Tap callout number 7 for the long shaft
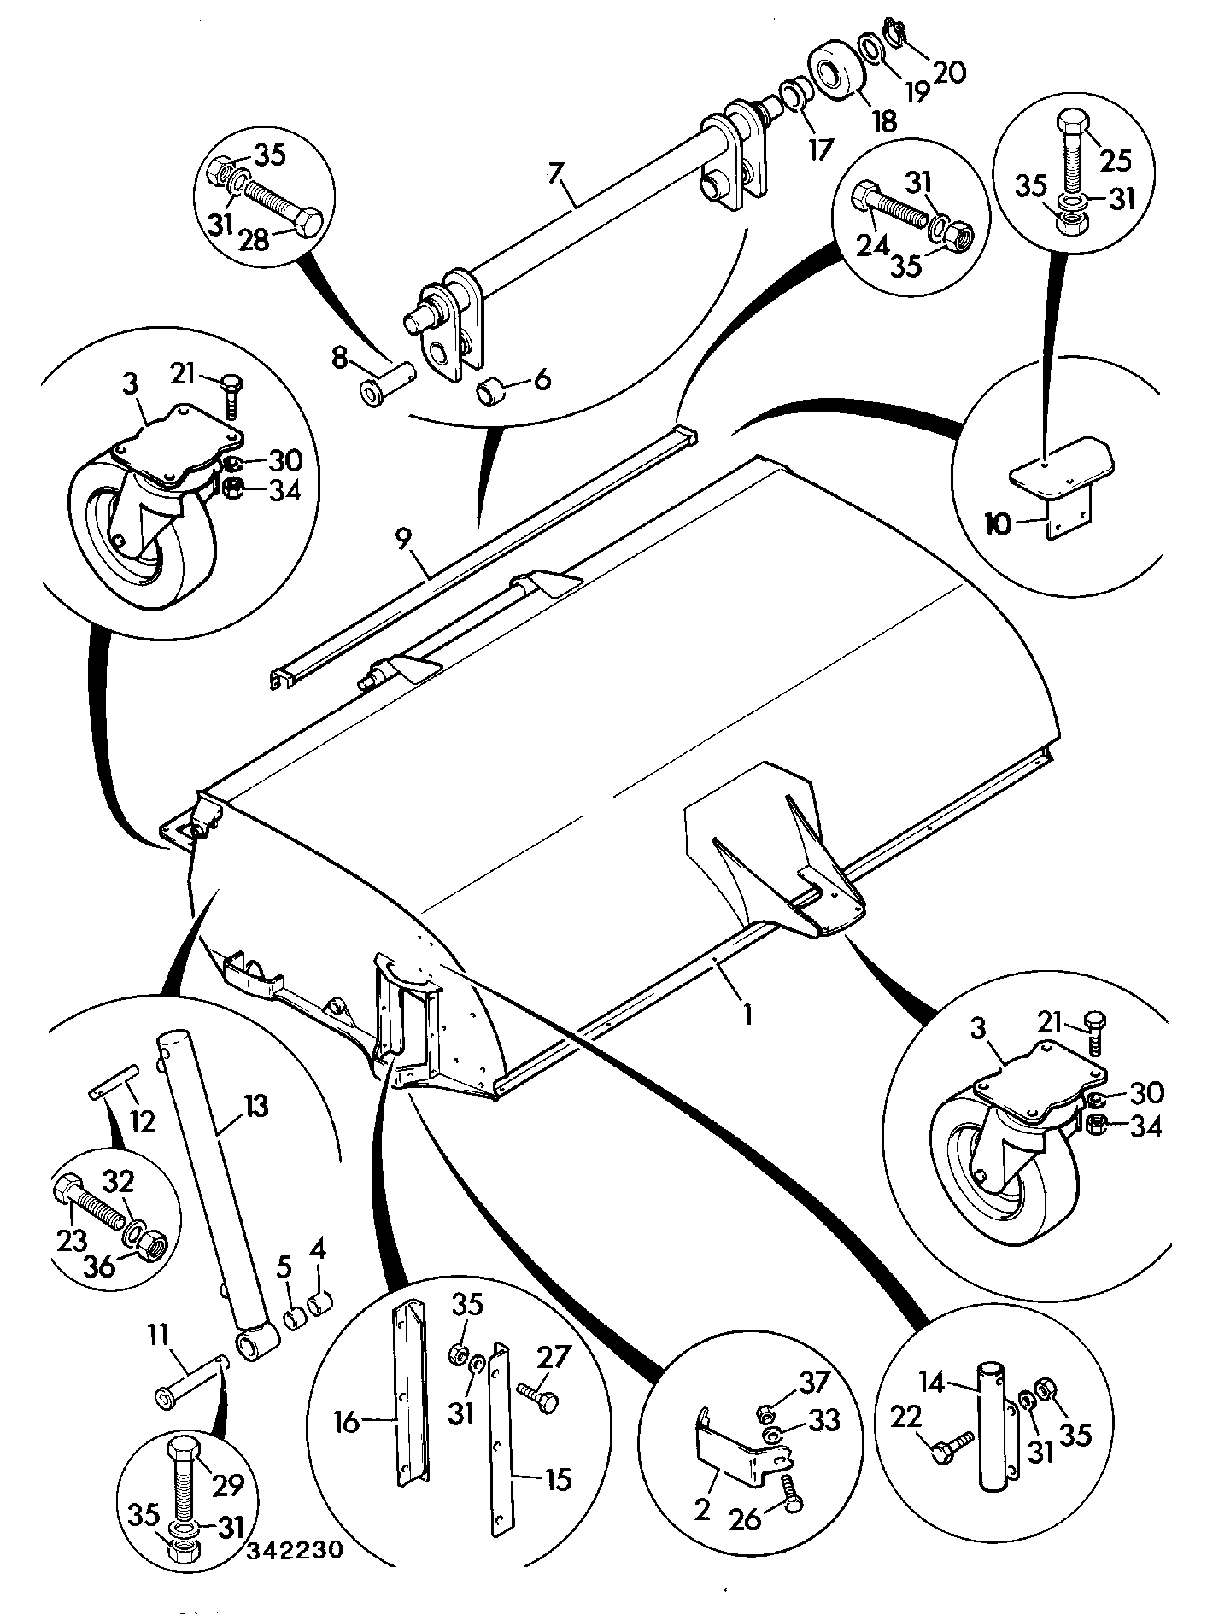pos(556,173)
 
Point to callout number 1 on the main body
pos(748,1014)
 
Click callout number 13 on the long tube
pos(255,1108)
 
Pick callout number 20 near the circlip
pos(949,72)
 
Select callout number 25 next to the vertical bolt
pos(1116,160)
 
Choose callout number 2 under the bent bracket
pos(702,1510)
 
